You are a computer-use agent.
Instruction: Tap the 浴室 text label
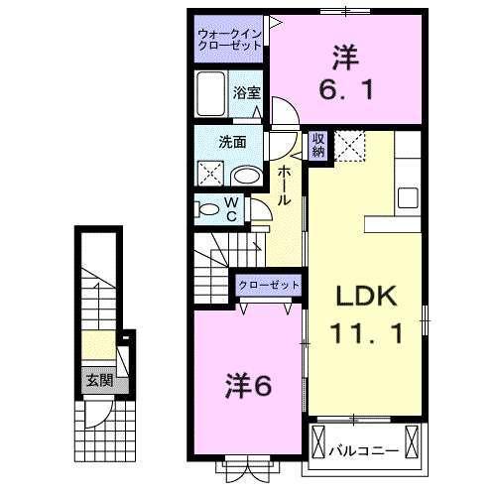point(246,92)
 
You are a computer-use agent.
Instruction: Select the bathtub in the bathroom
point(211,95)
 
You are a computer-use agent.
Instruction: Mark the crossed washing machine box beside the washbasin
point(210,175)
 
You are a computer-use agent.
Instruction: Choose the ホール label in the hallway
point(284,186)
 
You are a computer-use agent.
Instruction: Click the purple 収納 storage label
point(318,145)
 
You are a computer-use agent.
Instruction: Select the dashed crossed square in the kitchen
point(350,145)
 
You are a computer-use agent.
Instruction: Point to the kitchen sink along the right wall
point(409,194)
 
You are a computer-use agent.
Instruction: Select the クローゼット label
point(268,286)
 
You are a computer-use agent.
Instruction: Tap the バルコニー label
point(367,450)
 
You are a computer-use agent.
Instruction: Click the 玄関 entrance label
point(97,379)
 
